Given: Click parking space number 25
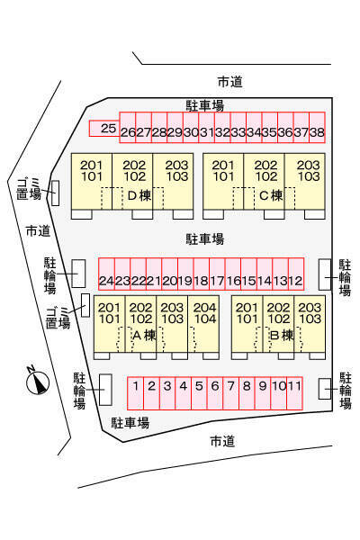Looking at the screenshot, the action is pyautogui.click(x=104, y=128).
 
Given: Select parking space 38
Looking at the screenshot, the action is pyautogui.click(x=318, y=128).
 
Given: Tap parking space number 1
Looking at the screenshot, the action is pyautogui.click(x=135, y=393).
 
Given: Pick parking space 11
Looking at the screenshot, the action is pyautogui.click(x=294, y=393).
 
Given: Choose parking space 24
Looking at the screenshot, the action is pyautogui.click(x=106, y=274).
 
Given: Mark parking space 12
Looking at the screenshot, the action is pyautogui.click(x=296, y=274).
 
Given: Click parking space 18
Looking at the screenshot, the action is pyautogui.click(x=202, y=274).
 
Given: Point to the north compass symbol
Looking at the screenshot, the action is pyautogui.click(x=38, y=382).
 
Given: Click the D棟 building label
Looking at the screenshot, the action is pyautogui.click(x=139, y=195).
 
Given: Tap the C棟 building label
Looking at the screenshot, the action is pyautogui.click(x=271, y=195).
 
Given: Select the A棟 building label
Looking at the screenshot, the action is pyautogui.click(x=144, y=335).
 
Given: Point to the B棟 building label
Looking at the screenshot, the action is pyautogui.click(x=282, y=335).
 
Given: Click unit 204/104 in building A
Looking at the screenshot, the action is pyautogui.click(x=203, y=324).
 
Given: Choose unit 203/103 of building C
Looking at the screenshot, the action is pyautogui.click(x=305, y=181).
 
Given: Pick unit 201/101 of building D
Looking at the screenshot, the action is pyautogui.click(x=92, y=181).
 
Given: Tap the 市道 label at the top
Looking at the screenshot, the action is pyautogui.click(x=230, y=82).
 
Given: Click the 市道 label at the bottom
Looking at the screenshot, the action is pyautogui.click(x=222, y=441).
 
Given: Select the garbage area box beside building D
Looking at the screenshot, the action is pyautogui.click(x=55, y=193).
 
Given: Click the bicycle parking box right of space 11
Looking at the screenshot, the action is pyautogui.click(x=325, y=389).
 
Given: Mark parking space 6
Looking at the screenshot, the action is pyautogui.click(x=215, y=393).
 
